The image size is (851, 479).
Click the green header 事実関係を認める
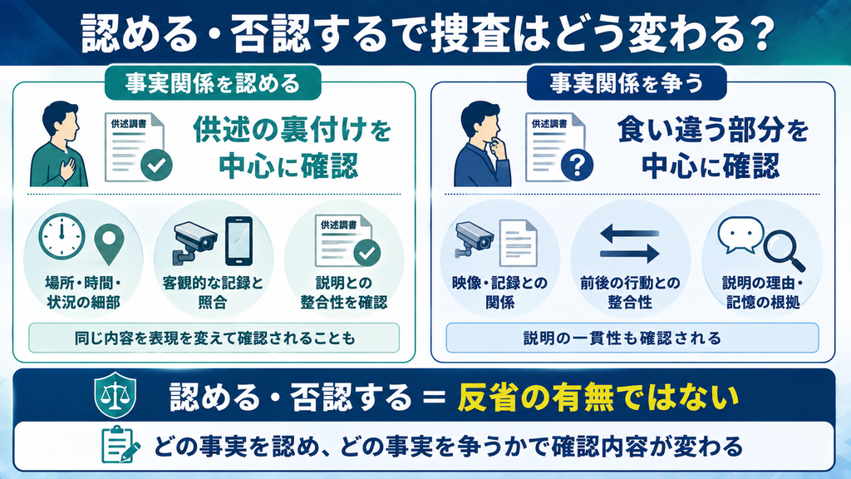point(213,83)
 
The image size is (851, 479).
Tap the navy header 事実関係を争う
point(627,83)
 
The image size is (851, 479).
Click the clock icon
point(61,236)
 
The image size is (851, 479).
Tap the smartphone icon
point(239,241)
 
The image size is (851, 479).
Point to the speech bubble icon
point(740,235)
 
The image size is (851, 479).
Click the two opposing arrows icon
point(630,244)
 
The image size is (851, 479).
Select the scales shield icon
point(115,395)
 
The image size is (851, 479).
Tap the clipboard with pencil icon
point(121,445)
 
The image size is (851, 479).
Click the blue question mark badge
point(577,165)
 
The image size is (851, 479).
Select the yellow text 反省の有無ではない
point(598,397)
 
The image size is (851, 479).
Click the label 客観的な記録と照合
point(213,292)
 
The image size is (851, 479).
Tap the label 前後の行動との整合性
point(630,292)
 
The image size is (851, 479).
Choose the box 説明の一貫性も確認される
point(632,338)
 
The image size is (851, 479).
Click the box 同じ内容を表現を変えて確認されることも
point(214,338)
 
